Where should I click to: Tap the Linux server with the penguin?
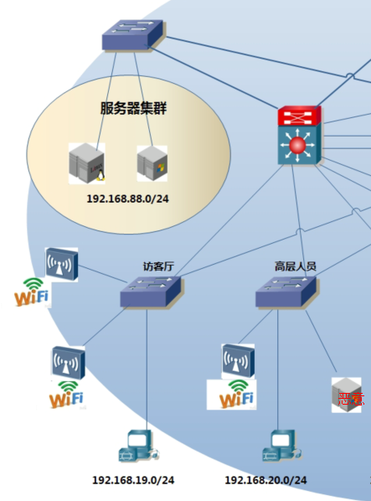coord(88,163)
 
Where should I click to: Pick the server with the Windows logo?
coord(152,162)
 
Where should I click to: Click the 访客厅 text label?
coord(157,266)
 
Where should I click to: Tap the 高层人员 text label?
coord(295,266)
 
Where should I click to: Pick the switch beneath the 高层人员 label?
coord(286,292)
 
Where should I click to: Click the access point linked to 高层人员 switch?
coord(238,359)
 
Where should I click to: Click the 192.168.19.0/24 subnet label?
coord(133,480)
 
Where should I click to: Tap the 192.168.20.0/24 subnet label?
coord(265,480)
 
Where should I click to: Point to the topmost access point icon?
coord(61,264)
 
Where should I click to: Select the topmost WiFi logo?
coord(31,293)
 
